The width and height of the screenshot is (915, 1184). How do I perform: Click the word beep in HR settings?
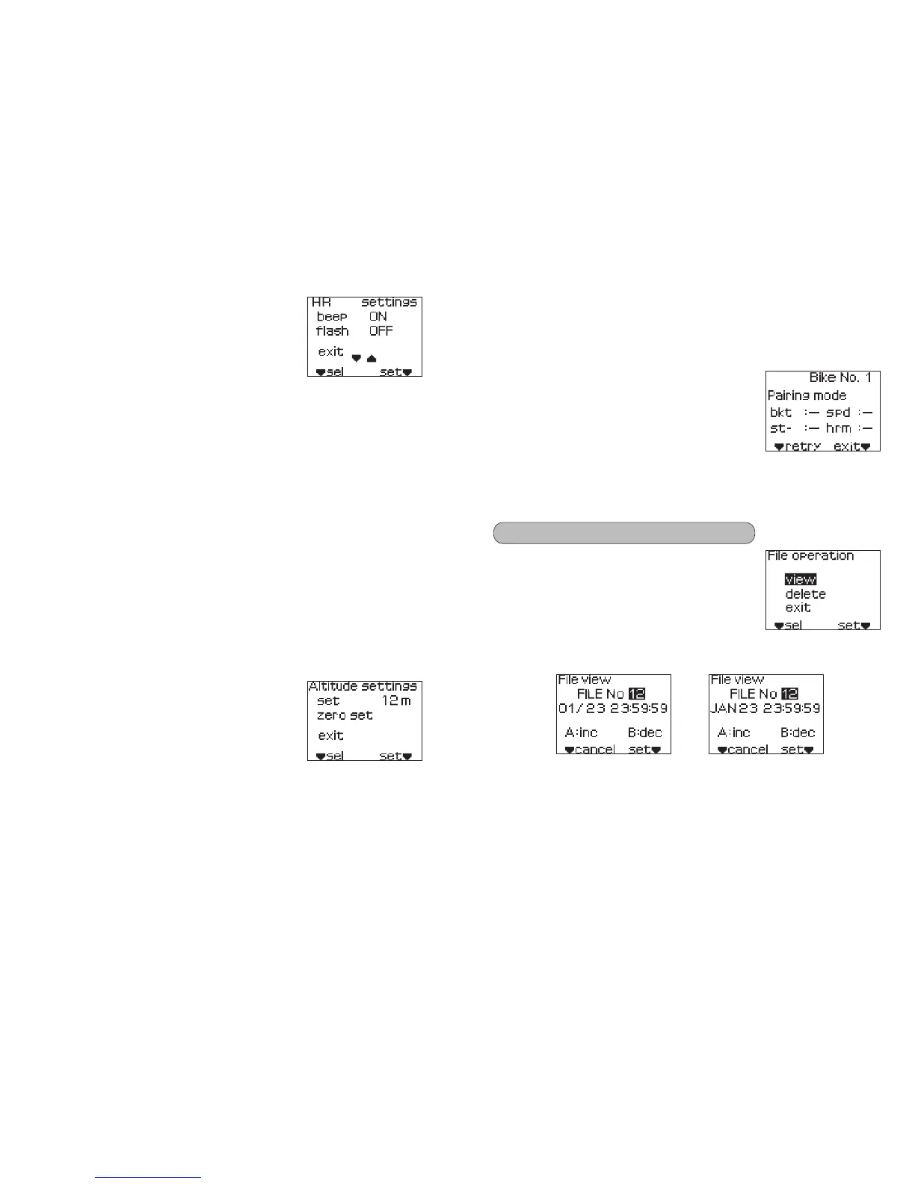click(x=331, y=317)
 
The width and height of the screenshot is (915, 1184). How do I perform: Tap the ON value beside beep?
click(x=378, y=317)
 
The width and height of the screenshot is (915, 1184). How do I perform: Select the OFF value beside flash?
click(x=381, y=331)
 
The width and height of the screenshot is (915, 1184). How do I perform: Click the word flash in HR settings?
click(x=332, y=331)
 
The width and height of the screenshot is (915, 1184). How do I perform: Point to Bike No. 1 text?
click(x=840, y=378)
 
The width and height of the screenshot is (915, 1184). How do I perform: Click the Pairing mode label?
click(x=807, y=395)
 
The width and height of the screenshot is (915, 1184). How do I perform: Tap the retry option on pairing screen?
click(x=803, y=446)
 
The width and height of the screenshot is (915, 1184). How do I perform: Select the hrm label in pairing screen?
click(x=838, y=428)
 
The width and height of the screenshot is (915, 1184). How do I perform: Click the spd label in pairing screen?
click(x=838, y=413)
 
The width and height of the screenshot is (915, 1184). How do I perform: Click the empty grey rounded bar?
click(x=623, y=533)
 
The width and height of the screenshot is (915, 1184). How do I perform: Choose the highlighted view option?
click(x=800, y=579)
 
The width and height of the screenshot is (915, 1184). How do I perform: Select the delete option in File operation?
click(x=805, y=594)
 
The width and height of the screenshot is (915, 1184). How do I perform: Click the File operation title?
click(x=810, y=556)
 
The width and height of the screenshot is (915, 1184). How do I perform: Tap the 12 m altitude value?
click(x=396, y=701)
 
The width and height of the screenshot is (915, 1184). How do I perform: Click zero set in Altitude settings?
click(x=345, y=715)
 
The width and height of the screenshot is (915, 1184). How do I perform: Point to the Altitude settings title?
click(x=363, y=686)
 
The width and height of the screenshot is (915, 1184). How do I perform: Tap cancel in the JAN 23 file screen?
click(x=747, y=749)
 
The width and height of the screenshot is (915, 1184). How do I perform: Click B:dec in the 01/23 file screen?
click(x=644, y=733)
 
